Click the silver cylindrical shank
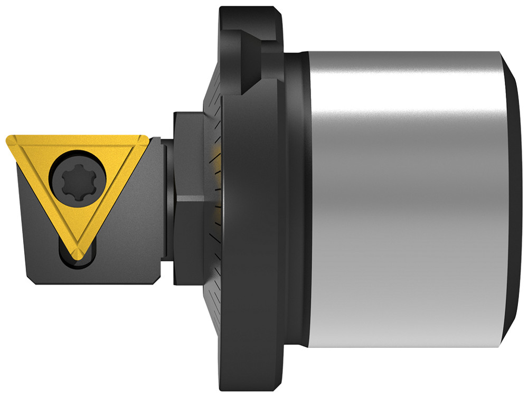pos(401,201)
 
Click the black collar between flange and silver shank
pos(299,201)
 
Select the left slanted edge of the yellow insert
pos(42,195)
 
